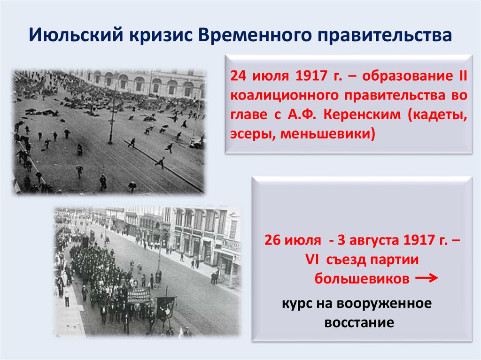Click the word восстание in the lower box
coord(358,322)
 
